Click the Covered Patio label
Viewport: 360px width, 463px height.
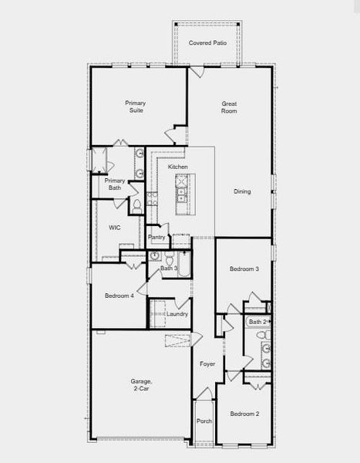click(207, 42)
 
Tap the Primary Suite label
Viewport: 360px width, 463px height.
click(136, 107)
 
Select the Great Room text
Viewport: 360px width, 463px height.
click(229, 107)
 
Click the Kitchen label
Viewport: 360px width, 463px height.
click(178, 167)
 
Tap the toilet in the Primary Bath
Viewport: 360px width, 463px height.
click(136, 205)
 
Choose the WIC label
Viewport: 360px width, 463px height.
click(115, 228)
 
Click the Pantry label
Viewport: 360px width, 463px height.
click(156, 238)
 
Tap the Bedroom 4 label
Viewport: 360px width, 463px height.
click(119, 296)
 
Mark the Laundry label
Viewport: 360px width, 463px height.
click(177, 314)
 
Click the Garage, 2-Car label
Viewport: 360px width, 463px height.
click(141, 386)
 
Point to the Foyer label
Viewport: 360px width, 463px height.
click(207, 363)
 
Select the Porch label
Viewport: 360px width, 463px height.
click(204, 421)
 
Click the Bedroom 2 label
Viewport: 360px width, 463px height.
click(244, 414)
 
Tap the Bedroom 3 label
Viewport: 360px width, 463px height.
click(244, 269)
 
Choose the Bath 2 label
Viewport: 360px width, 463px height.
click(257, 322)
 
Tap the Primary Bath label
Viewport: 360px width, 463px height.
click(115, 184)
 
